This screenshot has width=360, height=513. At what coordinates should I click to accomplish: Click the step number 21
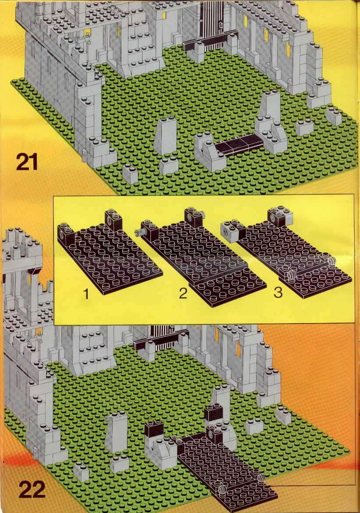27,162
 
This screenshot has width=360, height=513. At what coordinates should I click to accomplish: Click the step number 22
32,489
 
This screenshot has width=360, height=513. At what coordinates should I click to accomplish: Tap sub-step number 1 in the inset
86,293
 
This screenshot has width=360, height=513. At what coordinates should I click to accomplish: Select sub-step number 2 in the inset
183,292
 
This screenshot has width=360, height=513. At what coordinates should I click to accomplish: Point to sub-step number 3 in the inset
278,292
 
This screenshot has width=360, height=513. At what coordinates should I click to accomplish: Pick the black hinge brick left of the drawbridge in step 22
154,431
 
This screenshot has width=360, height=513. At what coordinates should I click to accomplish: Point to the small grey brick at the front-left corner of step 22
81,473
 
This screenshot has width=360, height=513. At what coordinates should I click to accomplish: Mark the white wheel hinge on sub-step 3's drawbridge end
290,275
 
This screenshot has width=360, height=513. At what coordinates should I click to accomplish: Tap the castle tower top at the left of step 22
21,249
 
